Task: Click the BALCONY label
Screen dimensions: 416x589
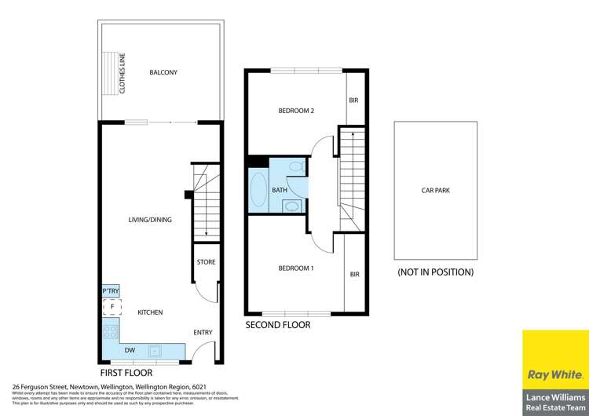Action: [163, 73]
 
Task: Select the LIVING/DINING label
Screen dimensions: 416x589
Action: [150, 220]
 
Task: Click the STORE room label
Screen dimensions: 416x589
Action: [206, 262]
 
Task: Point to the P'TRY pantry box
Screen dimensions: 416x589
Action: [110, 291]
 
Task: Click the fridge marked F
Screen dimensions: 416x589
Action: [112, 305]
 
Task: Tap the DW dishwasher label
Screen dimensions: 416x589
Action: [130, 351]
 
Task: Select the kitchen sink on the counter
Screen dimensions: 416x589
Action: [155, 351]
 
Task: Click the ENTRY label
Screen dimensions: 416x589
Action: [203, 333]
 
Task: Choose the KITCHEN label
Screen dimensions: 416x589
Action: [150, 312]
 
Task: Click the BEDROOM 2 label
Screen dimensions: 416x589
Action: [296, 111]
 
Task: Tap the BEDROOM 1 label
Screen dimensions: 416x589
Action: [296, 268]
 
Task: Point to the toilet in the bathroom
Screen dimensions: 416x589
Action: [296, 167]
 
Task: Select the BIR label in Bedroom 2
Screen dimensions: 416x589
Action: [354, 100]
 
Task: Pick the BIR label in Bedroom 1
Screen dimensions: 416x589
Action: [354, 274]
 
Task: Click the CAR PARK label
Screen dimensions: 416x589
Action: [435, 190]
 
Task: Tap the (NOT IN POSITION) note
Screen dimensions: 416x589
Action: [435, 272]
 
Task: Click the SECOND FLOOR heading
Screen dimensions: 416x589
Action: [277, 324]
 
